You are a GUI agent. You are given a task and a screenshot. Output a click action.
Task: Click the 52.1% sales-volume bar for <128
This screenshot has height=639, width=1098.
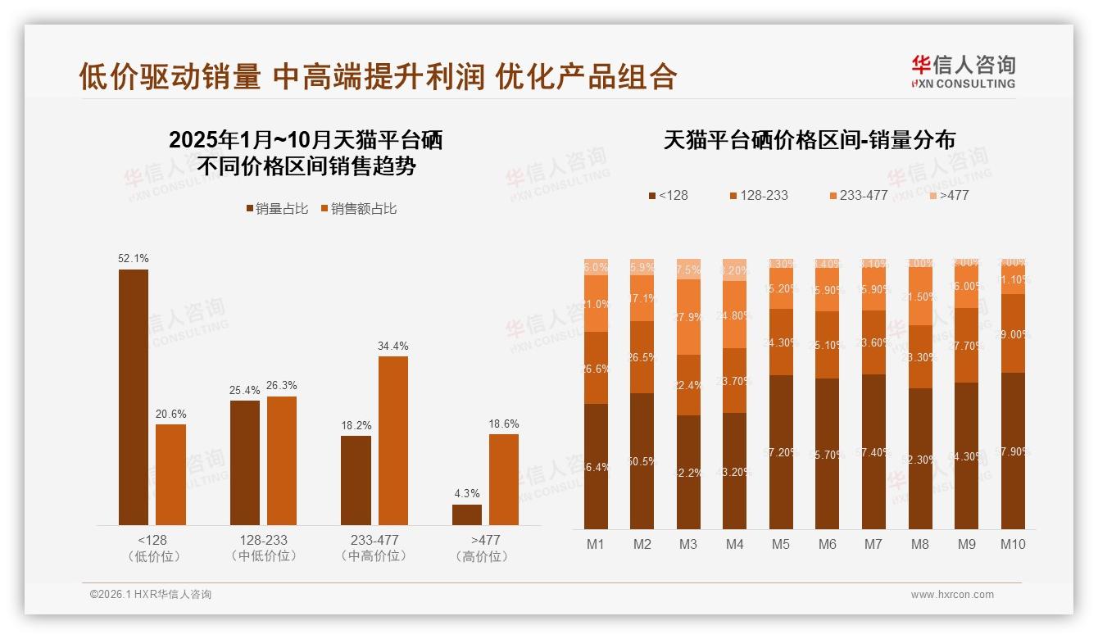pos(134,397)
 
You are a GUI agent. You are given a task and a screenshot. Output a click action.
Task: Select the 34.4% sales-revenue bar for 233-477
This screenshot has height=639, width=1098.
pos(392,441)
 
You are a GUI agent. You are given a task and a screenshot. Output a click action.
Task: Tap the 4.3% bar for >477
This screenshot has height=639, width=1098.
pos(467,514)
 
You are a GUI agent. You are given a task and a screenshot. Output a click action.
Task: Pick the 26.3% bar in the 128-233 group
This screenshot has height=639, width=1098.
pos(282,460)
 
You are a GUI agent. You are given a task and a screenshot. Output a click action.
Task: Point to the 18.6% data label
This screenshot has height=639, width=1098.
pos(504,424)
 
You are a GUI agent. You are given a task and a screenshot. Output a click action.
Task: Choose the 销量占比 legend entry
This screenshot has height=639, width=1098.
pos(277,209)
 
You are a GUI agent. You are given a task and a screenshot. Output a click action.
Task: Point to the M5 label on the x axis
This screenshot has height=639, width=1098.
pos(781,544)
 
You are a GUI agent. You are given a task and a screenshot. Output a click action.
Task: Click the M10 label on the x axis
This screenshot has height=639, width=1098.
pos(1013,544)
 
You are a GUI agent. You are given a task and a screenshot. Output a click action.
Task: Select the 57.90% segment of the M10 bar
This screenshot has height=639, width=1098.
pos(1013,451)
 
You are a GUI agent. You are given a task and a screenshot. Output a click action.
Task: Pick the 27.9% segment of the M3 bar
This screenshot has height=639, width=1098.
pos(688,317)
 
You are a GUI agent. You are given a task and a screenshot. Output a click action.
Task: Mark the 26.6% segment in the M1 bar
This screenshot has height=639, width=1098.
pos(596,368)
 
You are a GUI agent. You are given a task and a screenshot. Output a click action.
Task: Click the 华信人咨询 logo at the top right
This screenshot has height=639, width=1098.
pos(964,71)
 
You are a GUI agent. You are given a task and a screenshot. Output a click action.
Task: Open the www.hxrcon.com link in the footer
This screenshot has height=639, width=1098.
pos(952,595)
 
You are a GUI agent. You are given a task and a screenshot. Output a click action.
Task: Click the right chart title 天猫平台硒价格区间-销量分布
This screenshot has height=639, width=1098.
pos(809,140)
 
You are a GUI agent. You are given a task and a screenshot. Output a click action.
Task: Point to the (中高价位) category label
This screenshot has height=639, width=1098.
pos(374,556)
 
